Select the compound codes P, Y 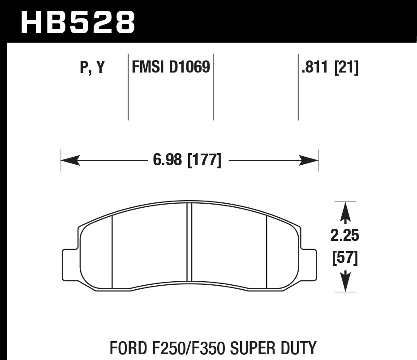pos(92,68)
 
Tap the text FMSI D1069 pos(170,68)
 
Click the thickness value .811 pos(315,68)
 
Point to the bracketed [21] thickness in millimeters pos(347,68)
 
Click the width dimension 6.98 pos(168,160)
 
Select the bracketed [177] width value pos(204,160)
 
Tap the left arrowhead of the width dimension pos(70,160)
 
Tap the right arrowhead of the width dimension pos(309,160)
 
